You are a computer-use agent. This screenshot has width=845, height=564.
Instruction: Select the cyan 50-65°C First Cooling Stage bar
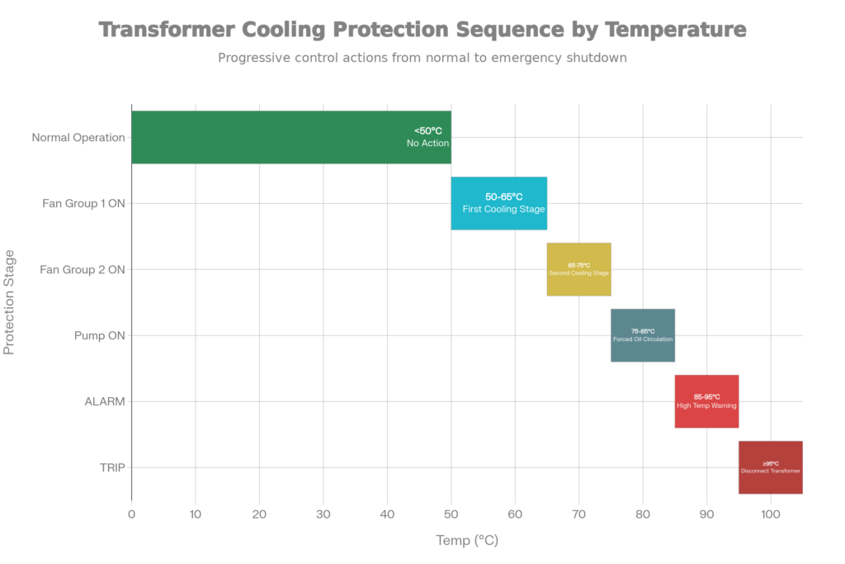499,203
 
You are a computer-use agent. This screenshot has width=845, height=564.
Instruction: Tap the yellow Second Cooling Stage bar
578,269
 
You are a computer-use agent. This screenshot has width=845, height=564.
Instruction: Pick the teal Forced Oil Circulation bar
643,335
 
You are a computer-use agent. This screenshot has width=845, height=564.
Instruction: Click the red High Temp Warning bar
706,401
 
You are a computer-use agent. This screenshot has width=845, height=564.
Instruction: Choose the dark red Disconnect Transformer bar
770,467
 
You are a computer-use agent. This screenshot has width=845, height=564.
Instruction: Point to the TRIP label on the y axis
112,467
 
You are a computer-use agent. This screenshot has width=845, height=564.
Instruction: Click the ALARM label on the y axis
105,401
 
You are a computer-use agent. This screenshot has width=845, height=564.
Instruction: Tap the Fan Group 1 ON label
83,203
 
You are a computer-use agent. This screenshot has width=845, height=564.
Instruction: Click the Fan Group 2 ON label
83,269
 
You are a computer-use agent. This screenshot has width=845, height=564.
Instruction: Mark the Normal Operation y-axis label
78,137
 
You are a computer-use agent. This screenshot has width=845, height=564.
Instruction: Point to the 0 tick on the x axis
131,514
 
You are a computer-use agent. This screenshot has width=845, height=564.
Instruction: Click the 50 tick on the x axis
451,514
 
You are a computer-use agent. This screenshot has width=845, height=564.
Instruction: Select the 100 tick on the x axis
770,514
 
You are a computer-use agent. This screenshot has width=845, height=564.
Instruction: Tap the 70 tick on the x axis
578,514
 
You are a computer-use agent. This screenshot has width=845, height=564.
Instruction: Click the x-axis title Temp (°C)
467,541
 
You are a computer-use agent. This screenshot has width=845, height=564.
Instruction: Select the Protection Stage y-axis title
10,302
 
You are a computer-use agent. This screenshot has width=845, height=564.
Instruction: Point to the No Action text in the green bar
427,144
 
